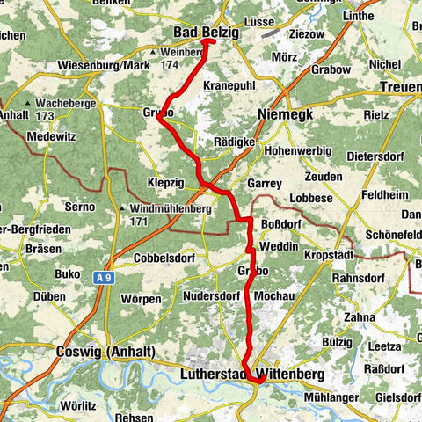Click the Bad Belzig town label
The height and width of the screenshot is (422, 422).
pos(200,33)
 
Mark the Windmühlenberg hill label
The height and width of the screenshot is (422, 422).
pos(171,208)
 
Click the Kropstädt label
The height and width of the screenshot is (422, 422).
pos(330,253)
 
